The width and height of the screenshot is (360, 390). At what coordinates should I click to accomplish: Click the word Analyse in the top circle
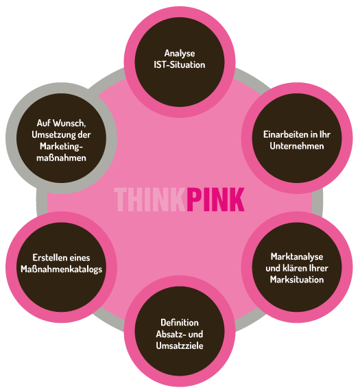tap(180, 53)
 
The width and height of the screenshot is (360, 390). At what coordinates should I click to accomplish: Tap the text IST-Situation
tap(180, 64)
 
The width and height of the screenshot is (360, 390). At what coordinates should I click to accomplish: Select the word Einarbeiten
tap(287, 134)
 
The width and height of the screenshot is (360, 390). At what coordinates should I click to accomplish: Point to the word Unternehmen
tap(297, 146)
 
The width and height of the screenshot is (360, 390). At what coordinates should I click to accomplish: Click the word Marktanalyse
tap(297, 257)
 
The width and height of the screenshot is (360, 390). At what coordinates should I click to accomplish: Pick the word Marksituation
tap(297, 280)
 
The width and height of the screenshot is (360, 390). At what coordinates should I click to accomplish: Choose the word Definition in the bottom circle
tap(180, 323)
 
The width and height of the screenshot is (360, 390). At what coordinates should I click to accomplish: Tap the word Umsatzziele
tap(180, 345)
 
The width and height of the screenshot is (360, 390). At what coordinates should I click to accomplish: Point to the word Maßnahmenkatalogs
tap(61, 269)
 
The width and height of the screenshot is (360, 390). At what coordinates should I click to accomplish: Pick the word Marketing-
tap(61, 147)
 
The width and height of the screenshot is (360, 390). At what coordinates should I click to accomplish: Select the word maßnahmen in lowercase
tap(61, 158)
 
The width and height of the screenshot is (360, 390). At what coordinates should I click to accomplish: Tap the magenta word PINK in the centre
tap(215, 199)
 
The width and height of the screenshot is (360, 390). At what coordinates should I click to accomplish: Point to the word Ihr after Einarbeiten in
tap(325, 134)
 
